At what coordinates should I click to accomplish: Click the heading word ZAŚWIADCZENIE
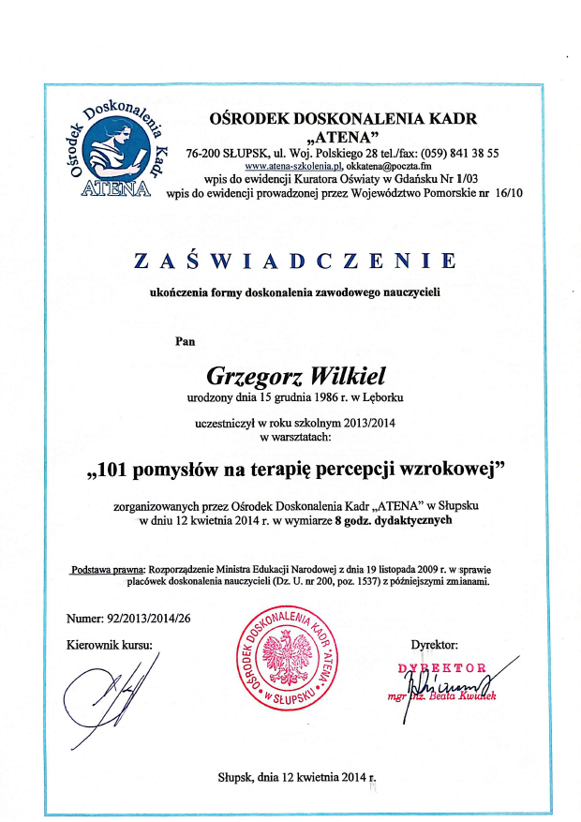(295, 261)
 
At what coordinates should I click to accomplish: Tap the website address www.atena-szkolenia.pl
(285, 165)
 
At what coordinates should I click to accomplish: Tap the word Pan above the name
(186, 342)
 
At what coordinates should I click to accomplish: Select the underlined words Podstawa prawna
(104, 569)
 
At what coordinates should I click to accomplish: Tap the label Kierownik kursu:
(109, 644)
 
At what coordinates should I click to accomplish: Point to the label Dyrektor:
(434, 644)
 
